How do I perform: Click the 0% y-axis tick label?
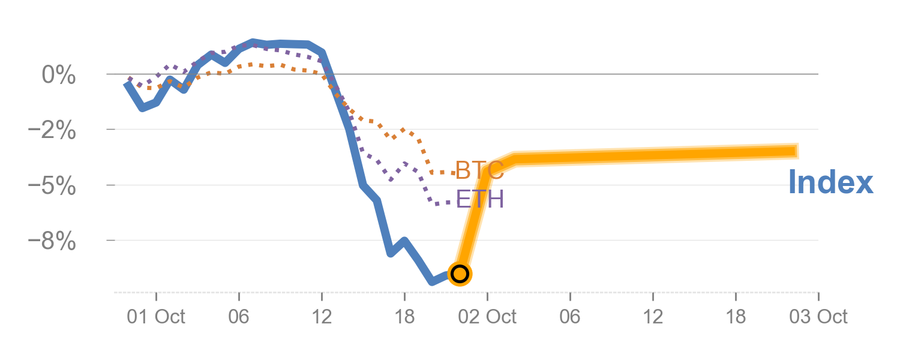(58, 76)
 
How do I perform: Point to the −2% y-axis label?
(52, 131)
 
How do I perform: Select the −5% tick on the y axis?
(52, 186)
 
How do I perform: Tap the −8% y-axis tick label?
(52, 241)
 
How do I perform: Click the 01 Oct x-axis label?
(156, 317)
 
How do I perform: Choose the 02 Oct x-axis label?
(487, 317)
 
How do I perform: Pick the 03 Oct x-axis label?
(818, 317)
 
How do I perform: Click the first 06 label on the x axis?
(239, 317)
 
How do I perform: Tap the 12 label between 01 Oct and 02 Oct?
(322, 317)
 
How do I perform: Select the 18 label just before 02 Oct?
(404, 317)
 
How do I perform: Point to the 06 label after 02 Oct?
(570, 317)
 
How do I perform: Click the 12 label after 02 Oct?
(653, 317)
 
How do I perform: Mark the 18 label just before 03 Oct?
(736, 317)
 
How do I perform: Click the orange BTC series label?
(479, 171)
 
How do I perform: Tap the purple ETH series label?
(479, 199)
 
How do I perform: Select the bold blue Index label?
(830, 182)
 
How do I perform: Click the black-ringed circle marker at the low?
(460, 274)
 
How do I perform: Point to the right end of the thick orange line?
(798, 151)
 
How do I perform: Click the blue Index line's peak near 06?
(253, 43)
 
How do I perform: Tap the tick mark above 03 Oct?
(818, 295)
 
